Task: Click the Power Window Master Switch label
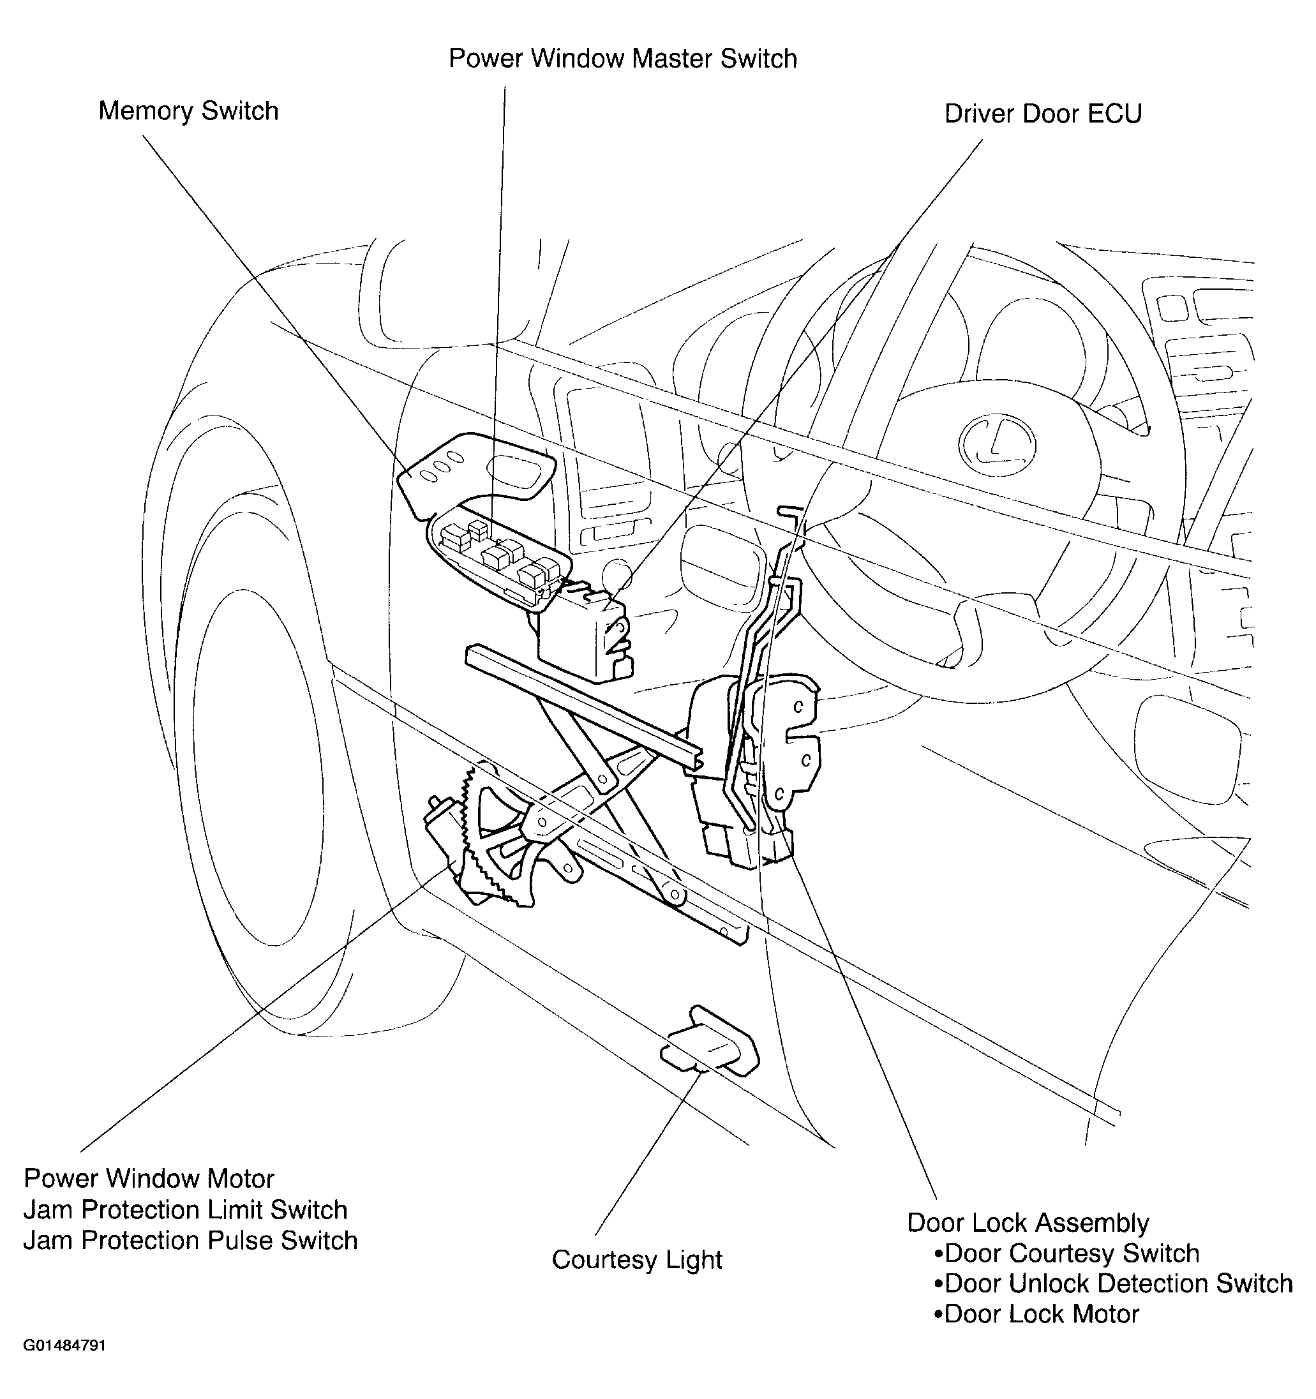click(x=623, y=59)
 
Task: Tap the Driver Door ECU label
click(x=1042, y=114)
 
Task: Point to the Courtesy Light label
click(x=637, y=1260)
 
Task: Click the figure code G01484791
click(x=64, y=1345)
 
